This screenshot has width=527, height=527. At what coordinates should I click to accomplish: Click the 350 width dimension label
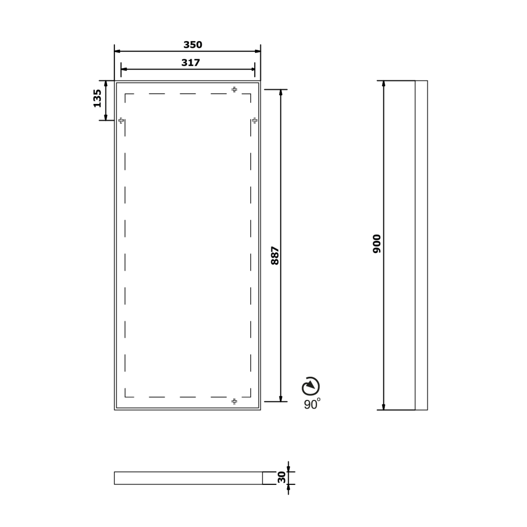[x=192, y=45]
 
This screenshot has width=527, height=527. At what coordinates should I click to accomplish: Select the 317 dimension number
[x=190, y=63]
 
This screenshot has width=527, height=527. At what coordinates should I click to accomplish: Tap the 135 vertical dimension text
[x=97, y=98]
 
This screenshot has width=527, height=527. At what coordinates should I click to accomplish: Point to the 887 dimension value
[x=275, y=255]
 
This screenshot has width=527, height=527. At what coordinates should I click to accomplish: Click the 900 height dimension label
[x=377, y=243]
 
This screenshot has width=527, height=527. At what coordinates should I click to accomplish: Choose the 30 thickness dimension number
[x=282, y=477]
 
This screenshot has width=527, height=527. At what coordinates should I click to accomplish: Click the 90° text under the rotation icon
[x=312, y=404]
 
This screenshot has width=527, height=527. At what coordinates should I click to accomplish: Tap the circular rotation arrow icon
[x=310, y=386]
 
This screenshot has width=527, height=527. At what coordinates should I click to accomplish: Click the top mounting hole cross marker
[x=234, y=90]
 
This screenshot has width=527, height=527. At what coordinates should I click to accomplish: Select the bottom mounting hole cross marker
[x=234, y=401]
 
